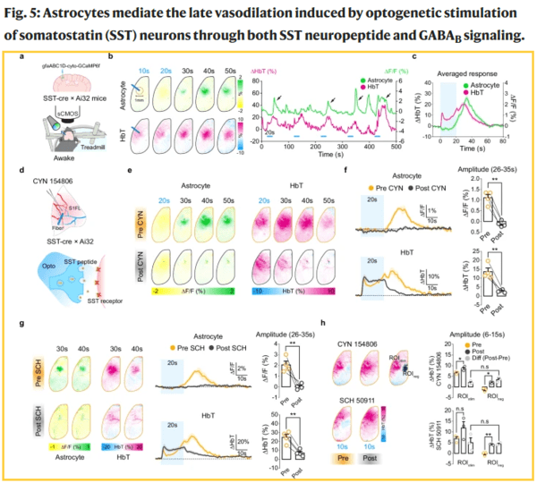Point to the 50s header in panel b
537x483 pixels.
(x=228, y=69)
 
